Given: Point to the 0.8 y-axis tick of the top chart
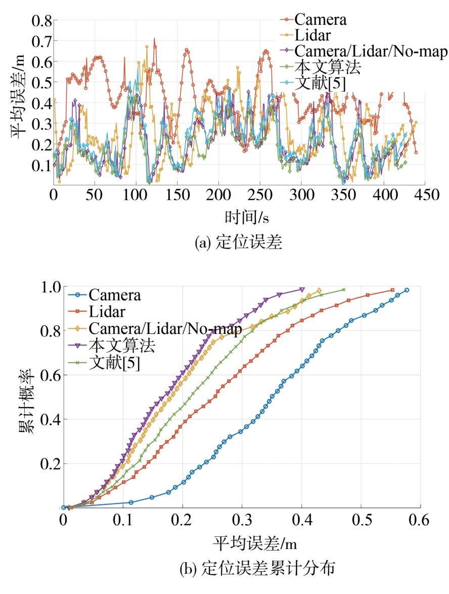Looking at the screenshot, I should (42, 21).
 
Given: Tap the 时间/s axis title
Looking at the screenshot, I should (246, 218).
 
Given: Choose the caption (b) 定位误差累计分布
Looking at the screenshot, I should (257, 569).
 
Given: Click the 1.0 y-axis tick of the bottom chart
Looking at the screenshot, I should (50, 286).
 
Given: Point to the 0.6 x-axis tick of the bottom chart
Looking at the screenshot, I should (421, 520).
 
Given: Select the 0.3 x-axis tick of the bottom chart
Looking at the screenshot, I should (242, 520).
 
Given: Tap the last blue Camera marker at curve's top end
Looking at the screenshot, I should (407, 290).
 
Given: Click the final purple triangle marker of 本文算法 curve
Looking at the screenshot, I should (302, 289).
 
